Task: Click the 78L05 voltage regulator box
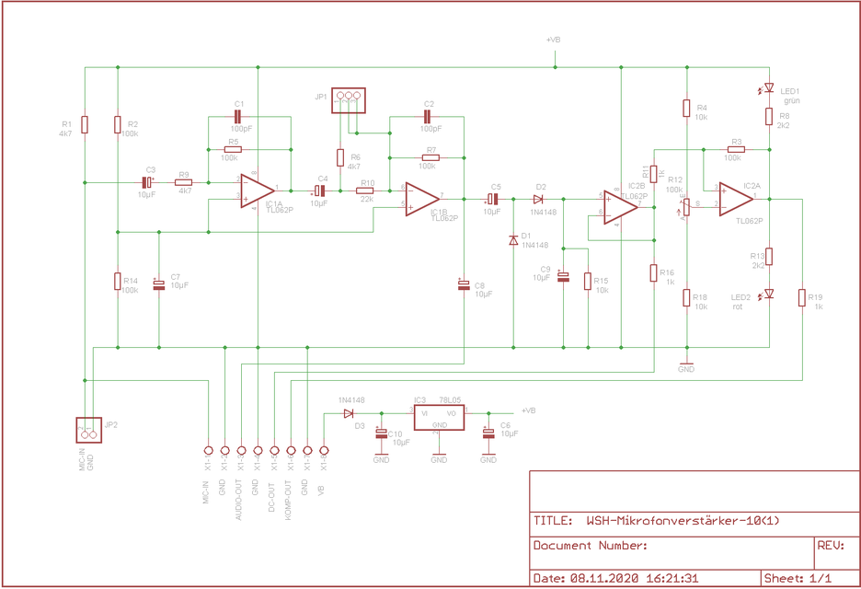point(438,417)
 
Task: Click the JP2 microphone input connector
point(89,429)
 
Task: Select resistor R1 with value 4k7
point(85,124)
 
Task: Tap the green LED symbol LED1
point(769,89)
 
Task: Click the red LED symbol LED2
point(769,294)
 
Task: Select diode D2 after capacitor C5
point(538,199)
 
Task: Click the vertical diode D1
point(513,240)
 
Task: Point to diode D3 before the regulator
point(349,413)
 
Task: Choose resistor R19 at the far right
point(802,298)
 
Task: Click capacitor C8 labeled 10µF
point(464,285)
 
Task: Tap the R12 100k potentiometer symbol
point(686,204)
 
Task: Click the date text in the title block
point(615,579)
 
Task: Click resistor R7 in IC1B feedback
point(430,158)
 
